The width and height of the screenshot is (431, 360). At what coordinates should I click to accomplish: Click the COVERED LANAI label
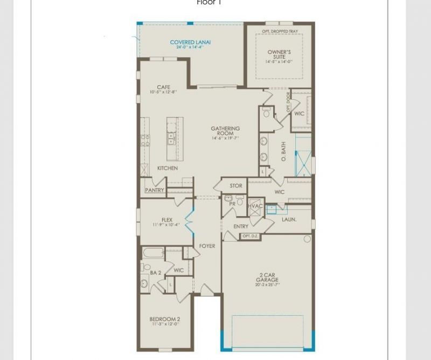[x=190, y=43]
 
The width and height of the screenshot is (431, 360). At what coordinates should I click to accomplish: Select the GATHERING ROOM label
[x=225, y=131]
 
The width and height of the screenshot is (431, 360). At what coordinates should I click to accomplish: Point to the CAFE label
[x=163, y=87]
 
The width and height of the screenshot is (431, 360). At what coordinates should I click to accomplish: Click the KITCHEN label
[x=167, y=168]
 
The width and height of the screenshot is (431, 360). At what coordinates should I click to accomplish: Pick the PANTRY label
[x=155, y=190]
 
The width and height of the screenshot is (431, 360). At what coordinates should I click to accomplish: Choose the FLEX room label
[x=167, y=220]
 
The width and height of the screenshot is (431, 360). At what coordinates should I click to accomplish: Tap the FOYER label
[x=207, y=246]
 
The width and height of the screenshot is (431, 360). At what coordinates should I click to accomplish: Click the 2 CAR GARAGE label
[x=267, y=278]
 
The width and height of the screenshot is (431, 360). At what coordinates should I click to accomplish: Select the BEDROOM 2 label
[x=165, y=320]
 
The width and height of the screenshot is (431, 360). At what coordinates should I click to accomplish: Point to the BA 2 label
[x=156, y=273]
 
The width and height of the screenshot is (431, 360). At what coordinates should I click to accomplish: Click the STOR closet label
[x=236, y=186]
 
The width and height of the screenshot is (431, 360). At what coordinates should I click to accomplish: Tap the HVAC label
[x=256, y=206]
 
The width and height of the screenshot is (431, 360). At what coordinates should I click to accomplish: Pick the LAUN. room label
[x=289, y=219]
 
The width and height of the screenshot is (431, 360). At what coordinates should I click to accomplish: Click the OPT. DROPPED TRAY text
[x=279, y=31]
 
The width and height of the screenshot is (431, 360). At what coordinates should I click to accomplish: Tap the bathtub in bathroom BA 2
[x=153, y=252]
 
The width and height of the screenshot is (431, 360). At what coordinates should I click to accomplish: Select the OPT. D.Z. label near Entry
[x=249, y=236]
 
